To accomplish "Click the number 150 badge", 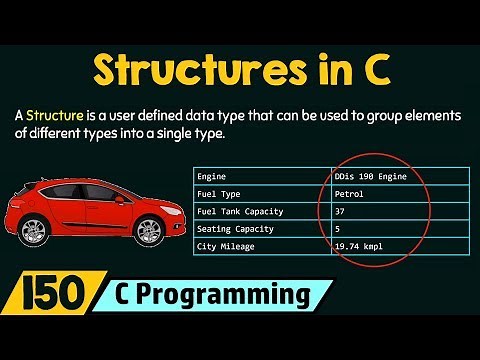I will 48,297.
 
